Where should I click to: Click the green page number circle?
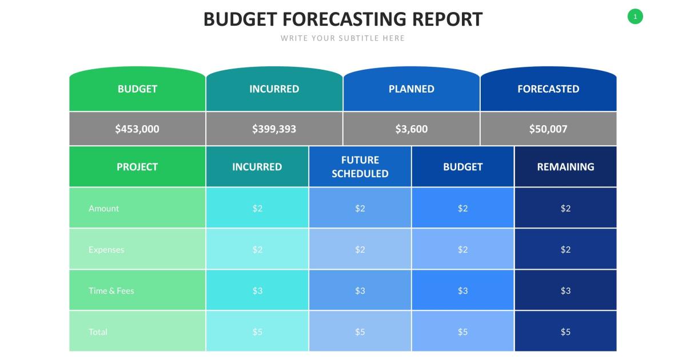click(635, 17)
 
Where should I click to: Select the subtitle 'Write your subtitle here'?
click(342, 38)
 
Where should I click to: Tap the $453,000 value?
click(137, 129)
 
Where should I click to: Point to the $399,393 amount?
click(274, 129)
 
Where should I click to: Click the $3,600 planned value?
click(411, 129)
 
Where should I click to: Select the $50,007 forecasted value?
click(548, 129)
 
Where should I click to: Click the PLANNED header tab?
click(411, 89)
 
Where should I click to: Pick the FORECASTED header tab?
click(548, 89)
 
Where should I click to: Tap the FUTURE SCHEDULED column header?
click(360, 167)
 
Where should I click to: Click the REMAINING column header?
click(565, 167)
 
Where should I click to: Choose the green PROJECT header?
click(137, 167)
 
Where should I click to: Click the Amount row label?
click(104, 209)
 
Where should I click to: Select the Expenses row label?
click(106, 250)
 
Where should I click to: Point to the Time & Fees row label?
click(111, 291)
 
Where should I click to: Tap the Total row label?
click(98, 332)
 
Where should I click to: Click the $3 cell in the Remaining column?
click(565, 291)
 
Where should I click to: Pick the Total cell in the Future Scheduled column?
click(360, 332)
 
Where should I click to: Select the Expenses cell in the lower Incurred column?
click(257, 250)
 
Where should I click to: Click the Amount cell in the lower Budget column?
click(462, 209)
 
